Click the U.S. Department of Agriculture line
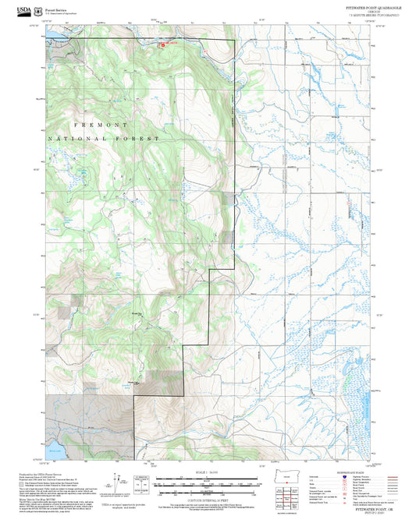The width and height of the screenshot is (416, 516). pyautogui.click(x=62, y=13)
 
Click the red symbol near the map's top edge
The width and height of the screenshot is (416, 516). pyautogui.click(x=163, y=44)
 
